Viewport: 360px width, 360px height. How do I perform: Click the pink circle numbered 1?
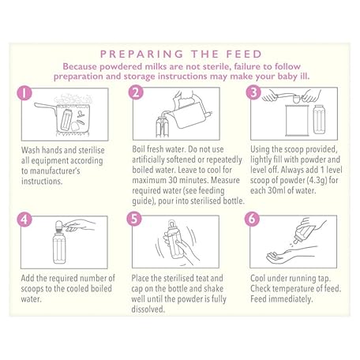click(x=24, y=93)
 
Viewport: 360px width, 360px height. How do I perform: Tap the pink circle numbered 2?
click(x=136, y=92)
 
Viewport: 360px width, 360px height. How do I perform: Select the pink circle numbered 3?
click(x=253, y=92)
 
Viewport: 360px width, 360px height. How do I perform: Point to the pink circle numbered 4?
click(x=24, y=219)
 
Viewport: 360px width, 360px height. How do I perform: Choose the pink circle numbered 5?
click(x=134, y=219)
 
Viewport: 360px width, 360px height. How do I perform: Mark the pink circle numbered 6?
click(x=252, y=219)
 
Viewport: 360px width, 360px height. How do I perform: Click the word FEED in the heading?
click(x=244, y=54)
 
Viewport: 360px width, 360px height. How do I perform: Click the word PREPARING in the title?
click(x=141, y=54)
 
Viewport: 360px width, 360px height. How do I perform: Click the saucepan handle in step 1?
click(x=45, y=106)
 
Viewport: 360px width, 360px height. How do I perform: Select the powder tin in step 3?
click(x=297, y=121)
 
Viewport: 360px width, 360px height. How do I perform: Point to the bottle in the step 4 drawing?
click(x=59, y=242)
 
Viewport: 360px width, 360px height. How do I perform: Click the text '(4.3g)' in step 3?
click(x=317, y=181)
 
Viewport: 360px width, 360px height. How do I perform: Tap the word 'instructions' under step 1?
click(x=41, y=182)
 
